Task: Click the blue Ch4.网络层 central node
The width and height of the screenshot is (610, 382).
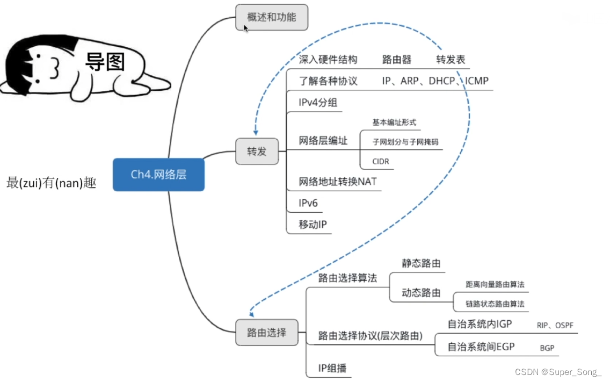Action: (159, 175)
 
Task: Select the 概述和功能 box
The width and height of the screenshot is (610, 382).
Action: (272, 17)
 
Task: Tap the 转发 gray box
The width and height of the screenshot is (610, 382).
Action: (257, 151)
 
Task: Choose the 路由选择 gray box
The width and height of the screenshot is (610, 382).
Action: (266, 333)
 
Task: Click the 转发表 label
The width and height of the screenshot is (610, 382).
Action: (451, 60)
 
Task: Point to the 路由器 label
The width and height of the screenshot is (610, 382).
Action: (397, 60)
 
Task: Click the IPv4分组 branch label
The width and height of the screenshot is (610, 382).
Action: (318, 103)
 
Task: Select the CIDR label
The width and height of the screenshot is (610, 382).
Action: (381, 161)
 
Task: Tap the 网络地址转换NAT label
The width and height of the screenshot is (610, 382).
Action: (338, 182)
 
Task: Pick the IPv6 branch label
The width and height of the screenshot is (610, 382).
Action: (308, 203)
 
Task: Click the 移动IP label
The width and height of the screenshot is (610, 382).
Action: (313, 224)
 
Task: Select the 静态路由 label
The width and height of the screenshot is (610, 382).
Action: (422, 263)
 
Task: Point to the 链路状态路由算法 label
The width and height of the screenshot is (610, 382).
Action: (495, 304)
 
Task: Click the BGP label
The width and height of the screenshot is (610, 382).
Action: (547, 348)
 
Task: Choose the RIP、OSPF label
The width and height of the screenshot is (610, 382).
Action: (555, 325)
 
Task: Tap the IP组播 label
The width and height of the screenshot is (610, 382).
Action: (332, 368)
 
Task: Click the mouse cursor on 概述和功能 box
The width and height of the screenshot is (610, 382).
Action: (245, 28)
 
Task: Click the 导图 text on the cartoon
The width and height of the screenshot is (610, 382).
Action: (105, 62)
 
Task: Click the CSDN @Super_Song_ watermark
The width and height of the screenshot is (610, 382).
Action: (558, 372)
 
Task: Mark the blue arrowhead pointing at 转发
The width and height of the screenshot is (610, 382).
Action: (256, 132)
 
